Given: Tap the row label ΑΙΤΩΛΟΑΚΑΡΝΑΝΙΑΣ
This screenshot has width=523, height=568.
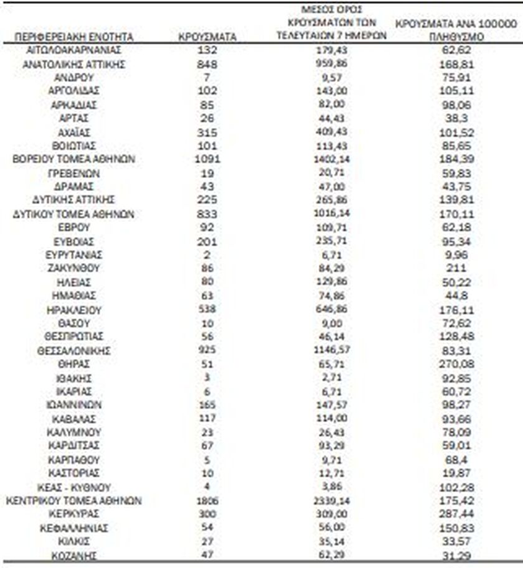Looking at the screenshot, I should tap(74, 50).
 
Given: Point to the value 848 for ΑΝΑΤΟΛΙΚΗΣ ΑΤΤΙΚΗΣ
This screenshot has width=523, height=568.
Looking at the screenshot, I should tap(207, 64).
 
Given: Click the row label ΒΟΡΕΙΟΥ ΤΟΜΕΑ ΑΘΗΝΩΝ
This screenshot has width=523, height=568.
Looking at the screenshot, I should tap(74, 160).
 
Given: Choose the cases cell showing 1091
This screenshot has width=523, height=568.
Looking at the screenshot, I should tap(207, 160).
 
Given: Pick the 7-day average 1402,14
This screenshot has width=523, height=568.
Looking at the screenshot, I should tap(331, 160).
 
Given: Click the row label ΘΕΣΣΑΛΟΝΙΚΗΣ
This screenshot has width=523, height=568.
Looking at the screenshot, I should tap(74, 351).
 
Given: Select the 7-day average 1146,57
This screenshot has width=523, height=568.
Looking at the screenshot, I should tap(331, 351).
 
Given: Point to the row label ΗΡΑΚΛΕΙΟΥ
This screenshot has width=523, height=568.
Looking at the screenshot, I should tap(74, 310).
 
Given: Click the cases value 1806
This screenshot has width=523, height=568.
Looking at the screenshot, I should tap(207, 501).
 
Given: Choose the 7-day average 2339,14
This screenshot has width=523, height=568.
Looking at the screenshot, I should tap(331, 501).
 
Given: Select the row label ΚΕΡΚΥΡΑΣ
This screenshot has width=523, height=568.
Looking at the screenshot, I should tap(74, 514).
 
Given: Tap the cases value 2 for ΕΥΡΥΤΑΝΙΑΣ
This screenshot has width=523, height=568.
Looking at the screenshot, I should tap(207, 255).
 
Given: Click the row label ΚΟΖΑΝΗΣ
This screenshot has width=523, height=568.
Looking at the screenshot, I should tap(74, 556).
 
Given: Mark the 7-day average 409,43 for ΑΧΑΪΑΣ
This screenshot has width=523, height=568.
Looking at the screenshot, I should tap(331, 133).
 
